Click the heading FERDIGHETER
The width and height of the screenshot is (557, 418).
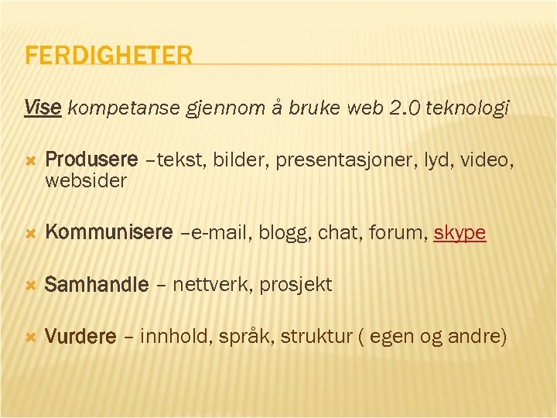coord(108,56)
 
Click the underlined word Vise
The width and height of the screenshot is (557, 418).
coord(43,107)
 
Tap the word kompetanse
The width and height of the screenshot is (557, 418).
coord(125,109)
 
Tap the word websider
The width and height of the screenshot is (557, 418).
coord(86,180)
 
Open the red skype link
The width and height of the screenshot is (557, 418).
coord(460,233)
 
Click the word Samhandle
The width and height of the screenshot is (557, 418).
coord(97,285)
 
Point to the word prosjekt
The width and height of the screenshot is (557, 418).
coord(296,285)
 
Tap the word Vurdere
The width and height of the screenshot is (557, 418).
coord(81,337)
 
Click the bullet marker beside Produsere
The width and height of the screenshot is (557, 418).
coord(31,161)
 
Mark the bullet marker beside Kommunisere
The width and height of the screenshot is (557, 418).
coord(31,233)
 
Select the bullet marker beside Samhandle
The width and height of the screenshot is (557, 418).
coord(31,285)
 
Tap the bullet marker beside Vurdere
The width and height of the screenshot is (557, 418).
coord(31,337)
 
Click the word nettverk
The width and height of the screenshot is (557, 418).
coord(213,285)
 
